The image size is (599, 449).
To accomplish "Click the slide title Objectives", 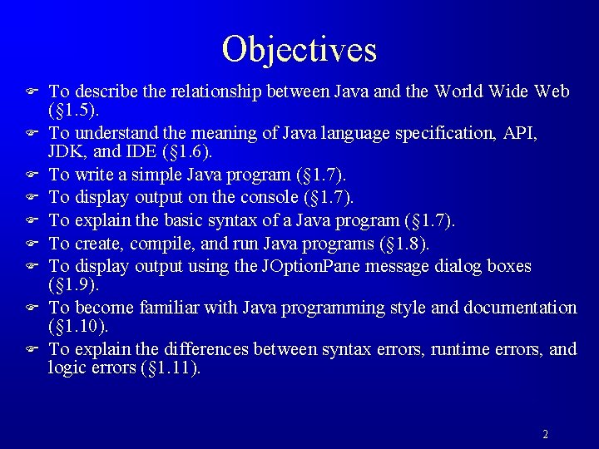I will (299, 49).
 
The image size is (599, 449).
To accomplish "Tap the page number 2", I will (545, 434).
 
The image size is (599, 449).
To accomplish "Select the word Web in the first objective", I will (552, 91).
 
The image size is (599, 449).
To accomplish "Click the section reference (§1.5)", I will (75, 110).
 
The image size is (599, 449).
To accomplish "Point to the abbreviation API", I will (517, 133).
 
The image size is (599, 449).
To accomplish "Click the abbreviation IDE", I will (136, 151).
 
